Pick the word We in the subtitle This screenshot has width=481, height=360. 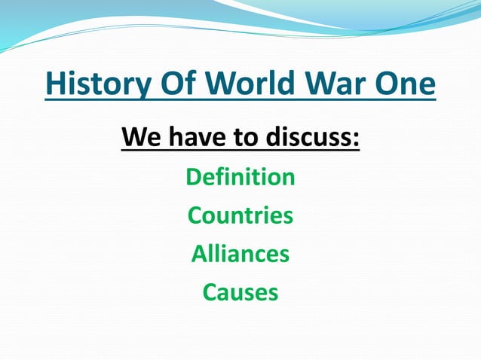(139, 138)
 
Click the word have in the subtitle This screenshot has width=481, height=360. (191, 138)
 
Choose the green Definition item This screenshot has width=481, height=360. (240, 178)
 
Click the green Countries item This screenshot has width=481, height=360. (240, 215)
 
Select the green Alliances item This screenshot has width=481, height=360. (240, 254)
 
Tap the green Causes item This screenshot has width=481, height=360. (240, 291)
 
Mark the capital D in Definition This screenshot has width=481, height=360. (194, 178)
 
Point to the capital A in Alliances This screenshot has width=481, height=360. (200, 254)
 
